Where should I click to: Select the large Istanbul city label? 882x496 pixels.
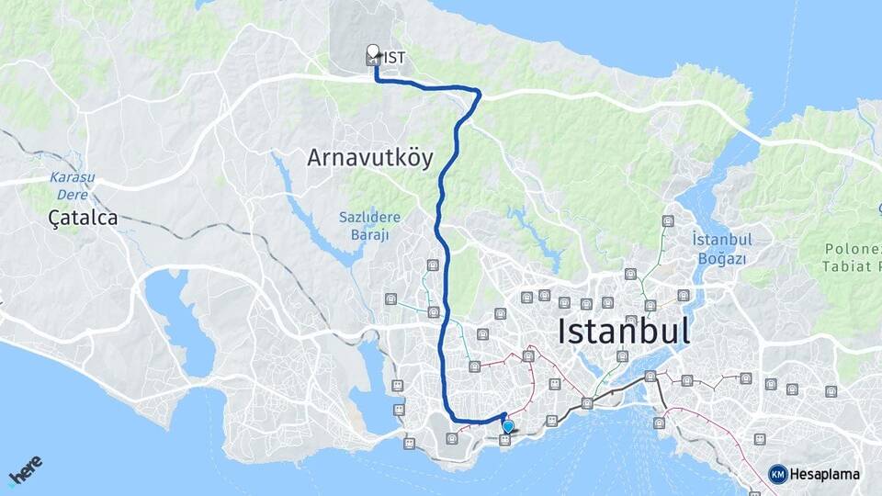pyautogui.click(x=624, y=331)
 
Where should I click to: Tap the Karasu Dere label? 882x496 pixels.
pyautogui.click(x=66, y=186)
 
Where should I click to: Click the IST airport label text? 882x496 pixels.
pyautogui.click(x=395, y=58)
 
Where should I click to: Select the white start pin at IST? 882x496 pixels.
pyautogui.click(x=373, y=51)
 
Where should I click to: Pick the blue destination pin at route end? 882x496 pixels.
pyautogui.click(x=507, y=426)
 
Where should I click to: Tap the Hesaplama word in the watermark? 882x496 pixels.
pyautogui.click(x=824, y=474)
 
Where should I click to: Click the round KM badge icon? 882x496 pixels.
pyautogui.click(x=777, y=474)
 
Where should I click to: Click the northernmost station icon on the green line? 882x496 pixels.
pyautogui.click(x=667, y=221)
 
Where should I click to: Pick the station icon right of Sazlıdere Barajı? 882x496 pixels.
pyautogui.click(x=432, y=266)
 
